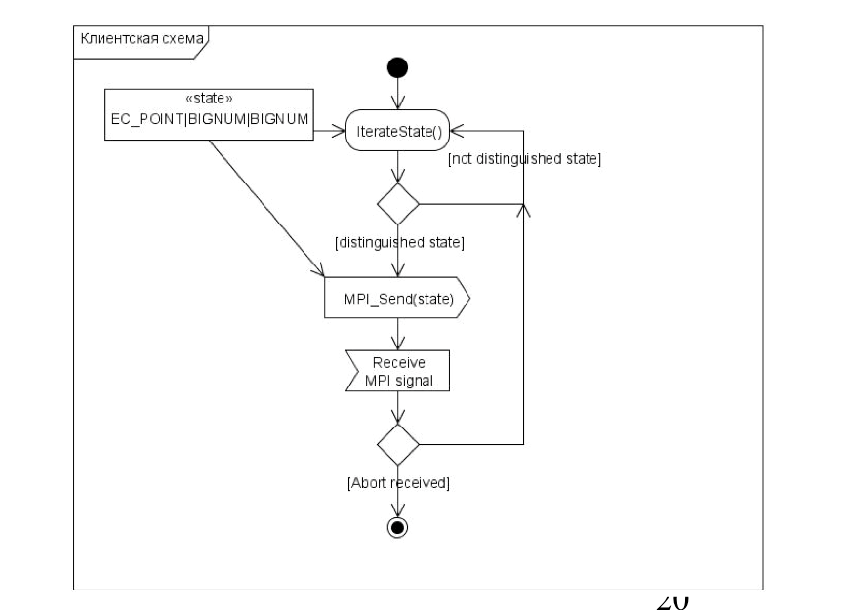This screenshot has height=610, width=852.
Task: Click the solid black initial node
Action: click(x=397, y=67)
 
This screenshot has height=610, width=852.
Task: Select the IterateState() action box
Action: click(x=397, y=130)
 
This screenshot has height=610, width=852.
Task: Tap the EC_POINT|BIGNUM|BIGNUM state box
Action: click(x=210, y=114)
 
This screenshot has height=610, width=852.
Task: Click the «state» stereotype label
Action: click(x=209, y=99)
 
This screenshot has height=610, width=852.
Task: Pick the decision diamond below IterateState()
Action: click(x=397, y=204)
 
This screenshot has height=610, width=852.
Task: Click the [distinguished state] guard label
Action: click(x=398, y=243)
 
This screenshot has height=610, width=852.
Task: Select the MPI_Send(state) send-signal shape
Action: click(x=397, y=299)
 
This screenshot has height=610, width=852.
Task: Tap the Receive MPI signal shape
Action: click(x=398, y=371)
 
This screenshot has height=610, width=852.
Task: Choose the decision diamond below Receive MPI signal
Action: click(x=397, y=443)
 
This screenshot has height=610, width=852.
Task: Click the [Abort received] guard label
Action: click(x=398, y=483)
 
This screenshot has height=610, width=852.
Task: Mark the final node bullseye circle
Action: click(x=397, y=527)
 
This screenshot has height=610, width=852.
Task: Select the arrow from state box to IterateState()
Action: click(x=330, y=127)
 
